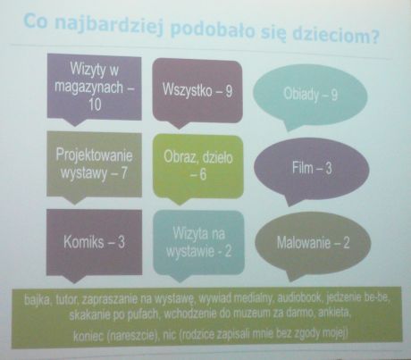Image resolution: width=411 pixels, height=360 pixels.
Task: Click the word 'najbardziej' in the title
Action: (109, 26)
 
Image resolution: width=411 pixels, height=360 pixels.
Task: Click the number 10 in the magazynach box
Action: (95, 105)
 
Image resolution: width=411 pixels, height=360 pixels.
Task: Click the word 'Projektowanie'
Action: (94, 155)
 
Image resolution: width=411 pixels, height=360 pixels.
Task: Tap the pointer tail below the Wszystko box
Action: (178, 125)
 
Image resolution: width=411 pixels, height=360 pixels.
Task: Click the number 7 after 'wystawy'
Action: (123, 172)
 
